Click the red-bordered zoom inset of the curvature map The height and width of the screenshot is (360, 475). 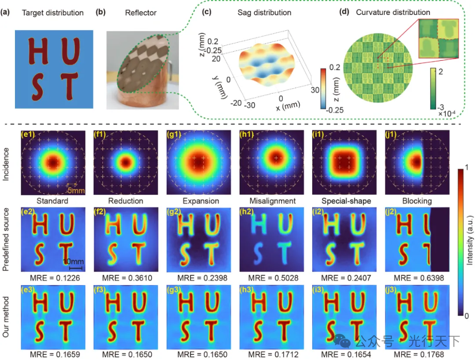pos(438,39)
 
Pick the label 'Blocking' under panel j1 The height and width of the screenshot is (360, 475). pos(417,201)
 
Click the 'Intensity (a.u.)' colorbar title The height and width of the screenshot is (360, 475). pos(470,242)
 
